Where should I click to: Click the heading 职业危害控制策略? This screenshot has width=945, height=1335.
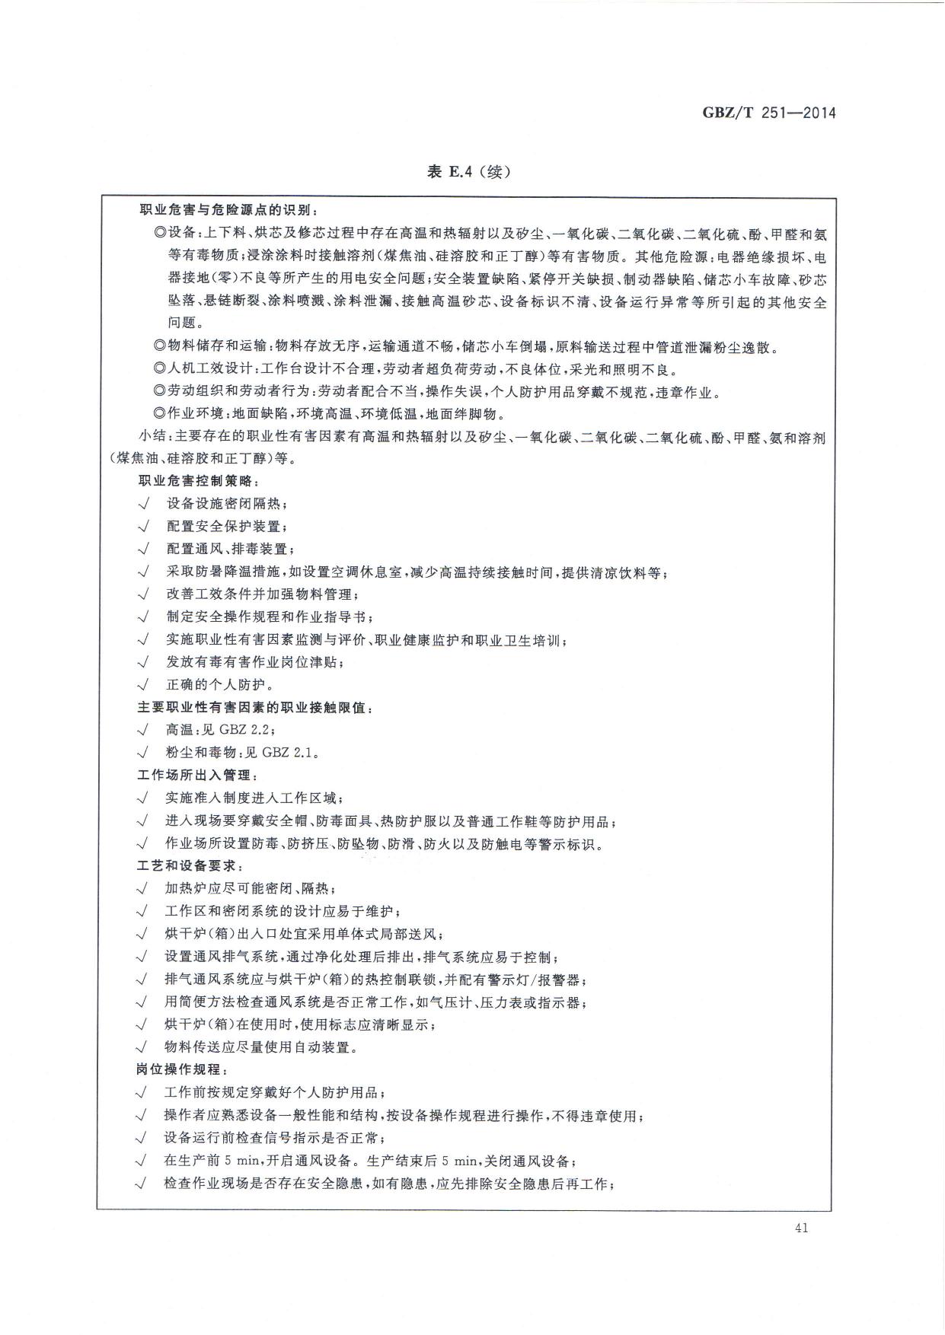tap(199, 482)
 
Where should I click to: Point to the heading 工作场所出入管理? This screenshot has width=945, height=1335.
tap(198, 776)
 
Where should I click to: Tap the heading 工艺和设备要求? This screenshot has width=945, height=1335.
tap(190, 866)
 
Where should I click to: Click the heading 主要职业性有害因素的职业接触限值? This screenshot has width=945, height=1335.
tap(255, 708)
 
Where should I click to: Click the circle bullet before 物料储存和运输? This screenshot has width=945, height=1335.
tap(159, 347)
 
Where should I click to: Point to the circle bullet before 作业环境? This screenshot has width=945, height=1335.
tap(159, 415)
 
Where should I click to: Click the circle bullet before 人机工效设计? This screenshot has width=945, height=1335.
tap(159, 370)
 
